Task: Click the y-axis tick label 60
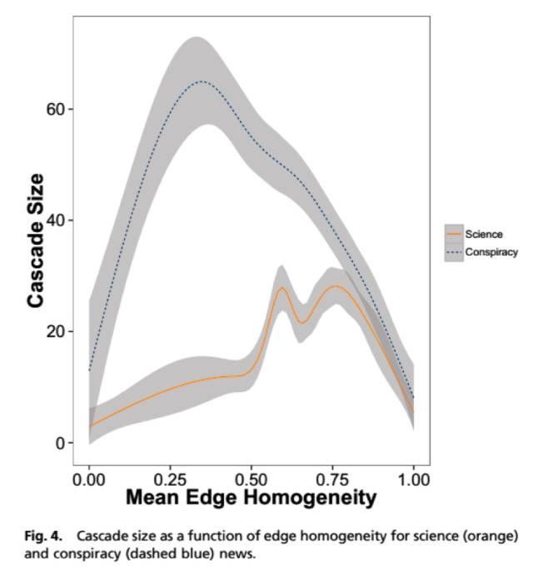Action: (x=55, y=109)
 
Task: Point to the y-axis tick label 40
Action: (x=55, y=221)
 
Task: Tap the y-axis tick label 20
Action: (x=55, y=331)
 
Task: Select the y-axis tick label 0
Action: (x=59, y=443)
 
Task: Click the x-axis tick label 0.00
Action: (x=89, y=480)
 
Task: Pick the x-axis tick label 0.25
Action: (x=171, y=480)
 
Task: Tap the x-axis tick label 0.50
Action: (x=252, y=480)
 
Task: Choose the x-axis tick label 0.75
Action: (x=332, y=480)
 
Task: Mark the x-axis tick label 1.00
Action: (x=414, y=480)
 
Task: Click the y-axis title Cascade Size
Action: (x=35, y=240)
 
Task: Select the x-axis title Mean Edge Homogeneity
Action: (x=251, y=498)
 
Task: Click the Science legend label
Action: (x=484, y=235)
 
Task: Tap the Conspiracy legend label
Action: (x=492, y=252)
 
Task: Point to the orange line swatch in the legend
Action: (x=454, y=235)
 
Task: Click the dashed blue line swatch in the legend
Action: (x=454, y=252)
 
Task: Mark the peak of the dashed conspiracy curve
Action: (x=201, y=82)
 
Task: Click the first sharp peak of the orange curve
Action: (x=281, y=288)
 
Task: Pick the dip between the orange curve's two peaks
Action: (x=302, y=322)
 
